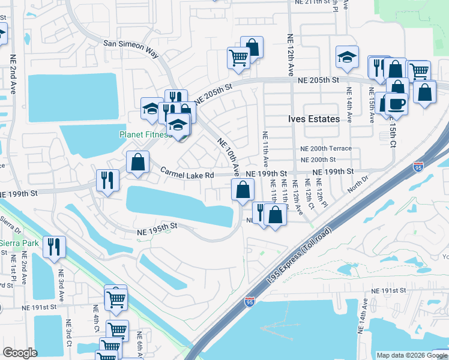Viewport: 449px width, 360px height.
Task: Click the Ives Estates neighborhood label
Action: [x=313, y=119]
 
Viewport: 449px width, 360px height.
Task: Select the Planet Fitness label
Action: [x=144, y=134]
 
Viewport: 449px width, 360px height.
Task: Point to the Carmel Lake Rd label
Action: [x=187, y=174]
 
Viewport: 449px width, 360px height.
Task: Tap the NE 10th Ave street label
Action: [x=229, y=155]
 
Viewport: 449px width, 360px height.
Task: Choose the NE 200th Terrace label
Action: [x=326, y=149]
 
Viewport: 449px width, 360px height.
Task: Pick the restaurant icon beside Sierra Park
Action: [x=54, y=246]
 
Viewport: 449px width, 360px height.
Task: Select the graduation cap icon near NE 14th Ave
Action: [x=347, y=57]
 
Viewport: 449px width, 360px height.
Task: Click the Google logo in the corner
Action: [x=20, y=353]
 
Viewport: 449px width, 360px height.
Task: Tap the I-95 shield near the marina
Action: [x=250, y=302]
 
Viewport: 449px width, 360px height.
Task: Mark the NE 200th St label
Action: [x=318, y=160]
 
